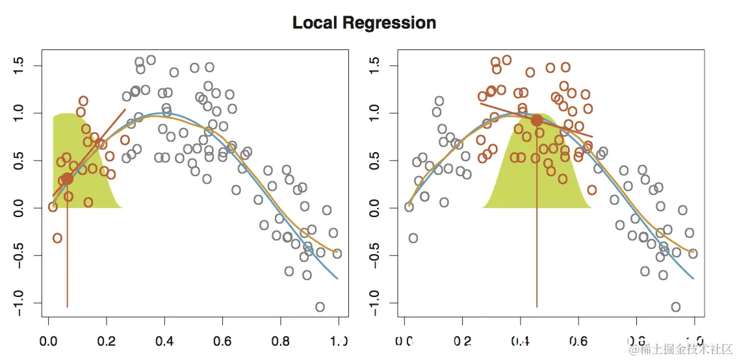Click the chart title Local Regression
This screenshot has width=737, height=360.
(364, 23)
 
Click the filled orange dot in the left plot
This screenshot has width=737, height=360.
(67, 179)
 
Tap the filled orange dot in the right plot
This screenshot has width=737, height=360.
(537, 120)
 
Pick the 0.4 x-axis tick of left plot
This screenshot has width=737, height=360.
(164, 339)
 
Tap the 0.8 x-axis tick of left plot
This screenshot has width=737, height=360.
(280, 339)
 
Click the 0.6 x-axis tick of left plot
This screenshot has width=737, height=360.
(222, 339)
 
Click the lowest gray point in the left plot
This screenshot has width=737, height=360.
(320, 307)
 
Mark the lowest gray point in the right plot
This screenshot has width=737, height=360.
(676, 307)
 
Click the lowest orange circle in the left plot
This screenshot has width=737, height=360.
(57, 238)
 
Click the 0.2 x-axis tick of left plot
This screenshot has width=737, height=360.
(107, 339)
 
